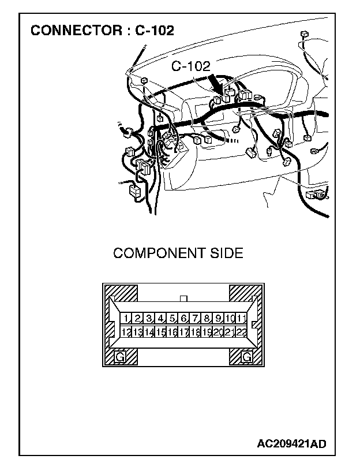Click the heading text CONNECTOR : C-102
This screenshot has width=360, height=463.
coord(102,30)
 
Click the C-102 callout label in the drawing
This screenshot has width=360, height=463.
coord(191,67)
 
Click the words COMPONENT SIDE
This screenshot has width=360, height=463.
coord(178,253)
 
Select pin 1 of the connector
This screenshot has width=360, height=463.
coord(125,319)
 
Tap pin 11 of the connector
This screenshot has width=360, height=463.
coord(242,319)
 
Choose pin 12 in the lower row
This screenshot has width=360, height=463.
coord(125,332)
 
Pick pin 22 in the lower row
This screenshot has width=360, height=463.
coord(242,332)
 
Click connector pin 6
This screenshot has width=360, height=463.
coord(183,319)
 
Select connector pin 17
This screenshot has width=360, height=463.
coord(183,332)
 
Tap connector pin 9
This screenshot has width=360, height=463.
coord(219,319)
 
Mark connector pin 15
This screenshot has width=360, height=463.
coord(160,332)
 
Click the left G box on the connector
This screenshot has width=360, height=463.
coord(120,357)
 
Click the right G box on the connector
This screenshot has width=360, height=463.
coord(247,357)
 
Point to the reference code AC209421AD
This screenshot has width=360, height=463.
coord(292,444)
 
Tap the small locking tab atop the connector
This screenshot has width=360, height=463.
coord(183,298)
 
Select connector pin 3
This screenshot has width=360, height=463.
coord(149,319)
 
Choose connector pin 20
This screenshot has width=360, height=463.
coord(219,332)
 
